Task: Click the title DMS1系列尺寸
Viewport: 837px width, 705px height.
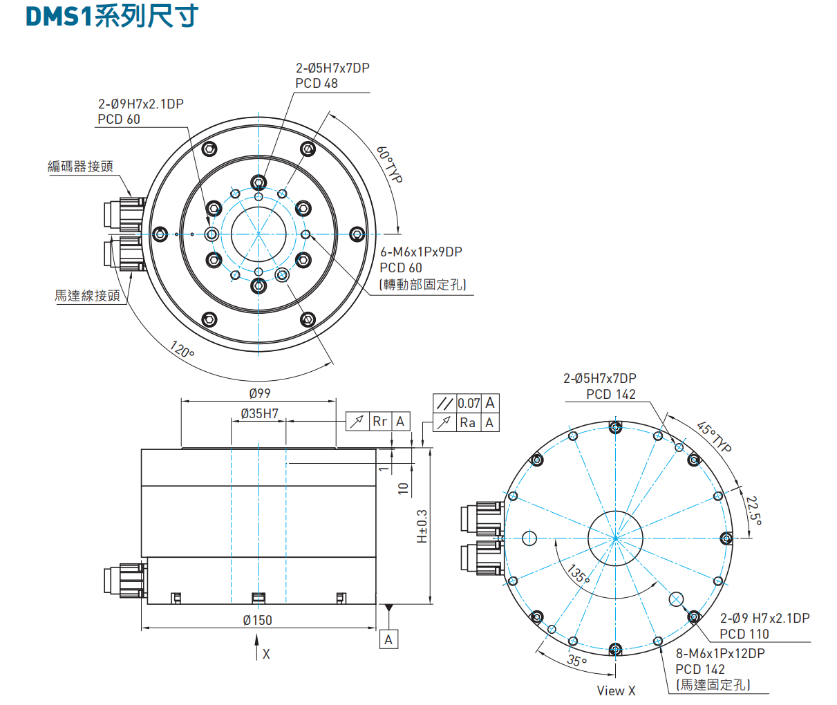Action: pyautogui.click(x=112, y=16)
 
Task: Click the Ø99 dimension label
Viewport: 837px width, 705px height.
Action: pyautogui.click(x=259, y=393)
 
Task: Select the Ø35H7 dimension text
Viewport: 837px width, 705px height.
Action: pyautogui.click(x=259, y=413)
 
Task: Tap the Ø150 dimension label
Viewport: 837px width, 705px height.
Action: pyautogui.click(x=257, y=620)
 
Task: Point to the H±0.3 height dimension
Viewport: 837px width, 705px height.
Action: pyautogui.click(x=422, y=527)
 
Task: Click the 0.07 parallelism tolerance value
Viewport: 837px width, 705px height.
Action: pyautogui.click(x=469, y=403)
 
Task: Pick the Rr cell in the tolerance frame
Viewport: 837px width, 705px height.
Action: pyautogui.click(x=379, y=421)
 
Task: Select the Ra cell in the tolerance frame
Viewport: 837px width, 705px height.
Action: pyautogui.click(x=468, y=422)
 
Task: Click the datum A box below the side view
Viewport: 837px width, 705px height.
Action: pyautogui.click(x=388, y=639)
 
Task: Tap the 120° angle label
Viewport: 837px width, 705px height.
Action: pyautogui.click(x=182, y=350)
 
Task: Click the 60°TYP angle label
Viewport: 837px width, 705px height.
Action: pyautogui.click(x=389, y=164)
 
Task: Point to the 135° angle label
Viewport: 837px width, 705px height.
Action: pyautogui.click(x=578, y=574)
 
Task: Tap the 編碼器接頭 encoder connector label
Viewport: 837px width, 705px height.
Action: pyautogui.click(x=80, y=167)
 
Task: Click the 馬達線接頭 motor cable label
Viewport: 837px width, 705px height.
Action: pyautogui.click(x=87, y=296)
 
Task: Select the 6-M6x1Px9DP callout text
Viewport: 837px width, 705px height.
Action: pyautogui.click(x=421, y=252)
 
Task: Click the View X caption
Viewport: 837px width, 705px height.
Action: pyautogui.click(x=616, y=690)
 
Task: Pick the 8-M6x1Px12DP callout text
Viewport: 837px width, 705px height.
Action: pyautogui.click(x=720, y=653)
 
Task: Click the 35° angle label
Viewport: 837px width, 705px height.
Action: pyautogui.click(x=576, y=661)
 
